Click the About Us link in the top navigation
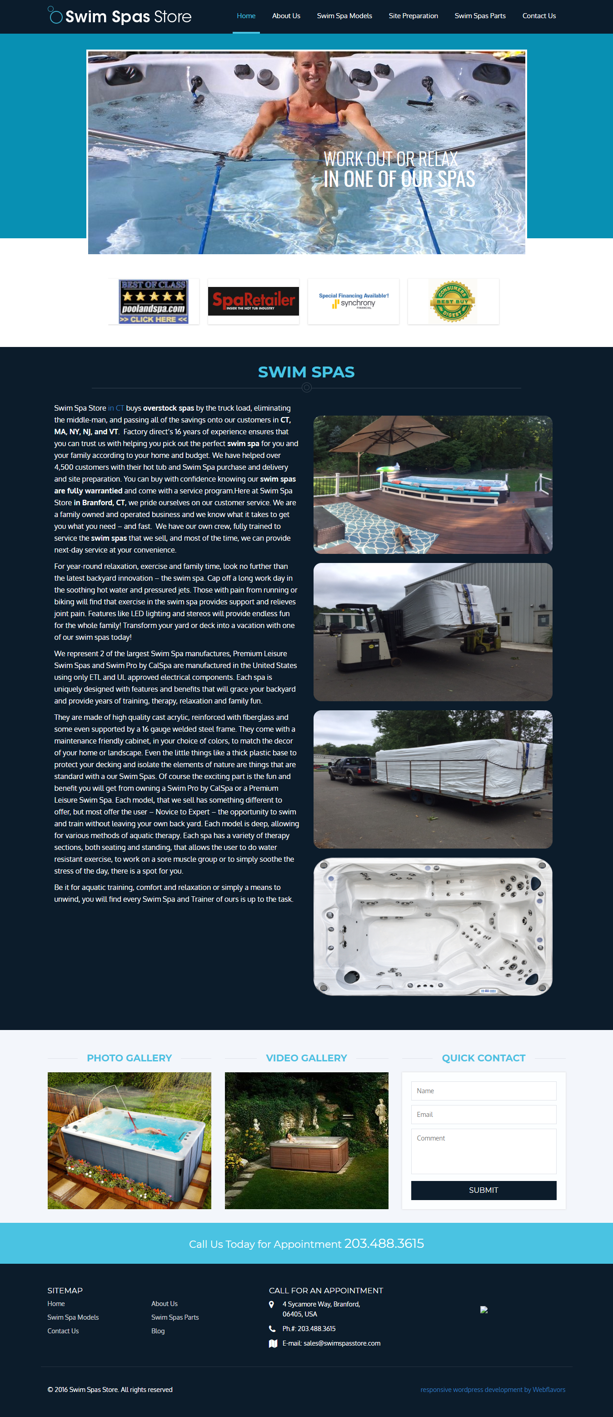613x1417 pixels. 286,16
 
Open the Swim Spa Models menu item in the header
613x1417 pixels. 344,16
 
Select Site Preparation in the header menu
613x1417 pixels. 413,16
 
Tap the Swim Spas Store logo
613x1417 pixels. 120,16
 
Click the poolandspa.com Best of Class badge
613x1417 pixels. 154,301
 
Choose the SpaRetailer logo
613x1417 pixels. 254,301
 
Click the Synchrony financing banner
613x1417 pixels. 354,301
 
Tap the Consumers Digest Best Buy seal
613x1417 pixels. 453,301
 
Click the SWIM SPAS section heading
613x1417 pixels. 306,372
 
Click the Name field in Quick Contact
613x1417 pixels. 483,1091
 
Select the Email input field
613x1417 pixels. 483,1115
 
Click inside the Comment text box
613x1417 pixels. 483,1151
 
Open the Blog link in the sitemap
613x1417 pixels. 158,1331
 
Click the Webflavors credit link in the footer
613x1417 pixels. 548,1390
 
